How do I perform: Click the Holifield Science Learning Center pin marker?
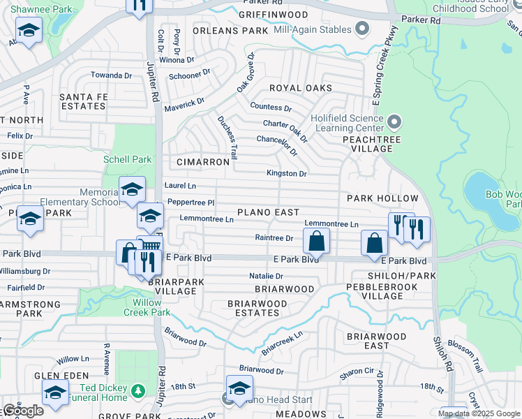[x=394, y=123]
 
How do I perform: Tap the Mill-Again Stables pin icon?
[x=361, y=29]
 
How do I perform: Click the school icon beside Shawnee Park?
[x=29, y=31]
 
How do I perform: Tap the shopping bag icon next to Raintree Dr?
[x=316, y=241]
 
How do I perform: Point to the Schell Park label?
[x=127, y=159]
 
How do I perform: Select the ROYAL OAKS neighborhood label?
[x=301, y=88]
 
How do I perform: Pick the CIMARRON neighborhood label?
[x=203, y=162]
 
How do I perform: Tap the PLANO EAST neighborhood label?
[x=268, y=212]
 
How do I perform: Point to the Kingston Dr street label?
[x=286, y=173]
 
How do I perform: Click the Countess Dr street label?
[x=270, y=108]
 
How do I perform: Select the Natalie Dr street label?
[x=266, y=277]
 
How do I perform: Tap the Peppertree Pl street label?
[x=189, y=202]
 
